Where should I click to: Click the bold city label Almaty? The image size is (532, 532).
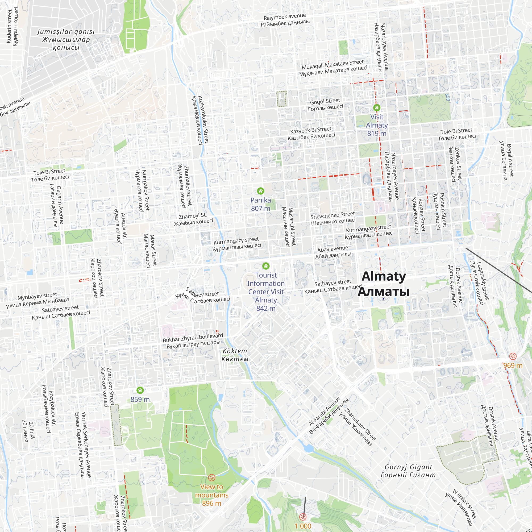(x=383, y=276)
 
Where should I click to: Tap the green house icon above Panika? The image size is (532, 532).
(x=260, y=191)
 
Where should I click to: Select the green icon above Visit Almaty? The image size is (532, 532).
(x=377, y=108)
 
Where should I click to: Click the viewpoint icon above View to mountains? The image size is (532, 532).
(x=211, y=477)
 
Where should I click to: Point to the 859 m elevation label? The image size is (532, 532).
(x=140, y=399)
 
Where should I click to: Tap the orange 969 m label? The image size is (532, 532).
(x=513, y=365)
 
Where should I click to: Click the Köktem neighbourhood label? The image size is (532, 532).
(x=235, y=351)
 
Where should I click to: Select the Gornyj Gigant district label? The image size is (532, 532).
(x=408, y=467)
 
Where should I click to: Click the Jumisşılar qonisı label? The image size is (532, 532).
(x=66, y=32)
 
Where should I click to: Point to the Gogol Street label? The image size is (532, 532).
(x=325, y=101)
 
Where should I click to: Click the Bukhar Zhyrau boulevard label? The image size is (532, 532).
(x=193, y=338)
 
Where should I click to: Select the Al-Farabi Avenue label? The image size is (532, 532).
(x=324, y=412)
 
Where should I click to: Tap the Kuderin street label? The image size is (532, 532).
(x=9, y=26)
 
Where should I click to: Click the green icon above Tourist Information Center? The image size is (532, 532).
(x=266, y=266)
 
